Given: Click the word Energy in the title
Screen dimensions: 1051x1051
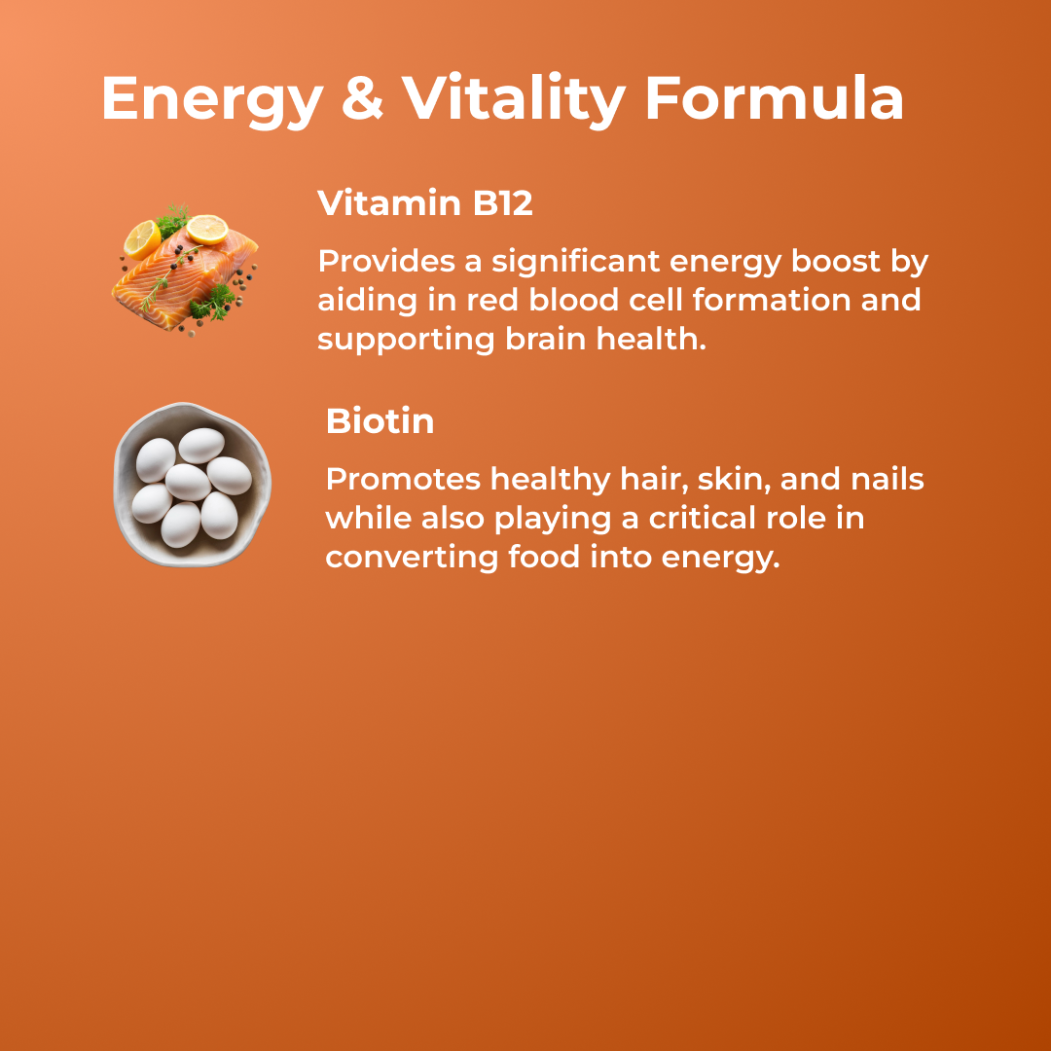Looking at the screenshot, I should coord(211,98).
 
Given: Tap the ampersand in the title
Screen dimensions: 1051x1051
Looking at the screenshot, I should coord(361,98).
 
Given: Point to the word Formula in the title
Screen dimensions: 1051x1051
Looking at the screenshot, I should coord(774,98).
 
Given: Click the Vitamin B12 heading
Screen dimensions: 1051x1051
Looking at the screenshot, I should coord(425,203).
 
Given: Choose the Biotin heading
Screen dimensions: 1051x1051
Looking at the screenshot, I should coord(380,421).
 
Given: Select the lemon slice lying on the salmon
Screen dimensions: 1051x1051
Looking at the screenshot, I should coord(207,230).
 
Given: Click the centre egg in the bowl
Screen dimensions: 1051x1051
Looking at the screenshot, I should coord(188,482).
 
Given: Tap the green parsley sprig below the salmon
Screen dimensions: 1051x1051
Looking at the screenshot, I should coord(211,306).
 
